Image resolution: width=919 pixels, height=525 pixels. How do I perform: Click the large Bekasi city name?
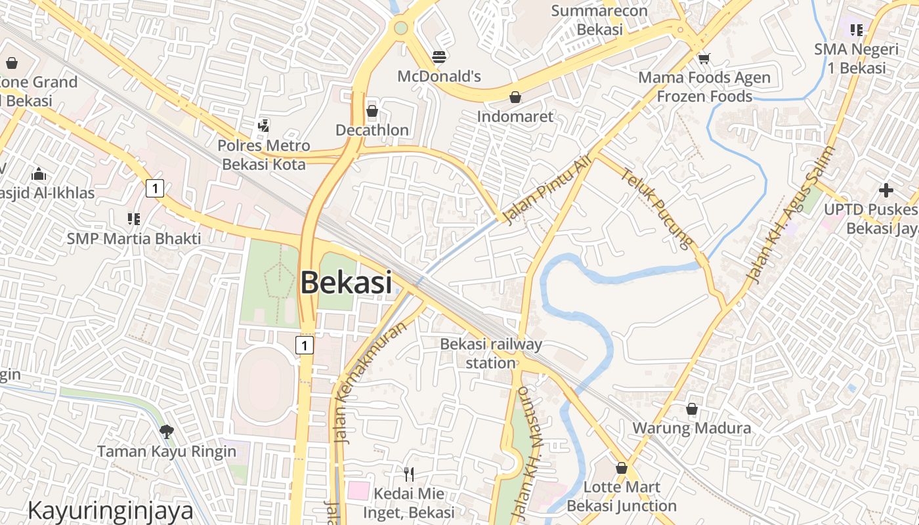point(346,283)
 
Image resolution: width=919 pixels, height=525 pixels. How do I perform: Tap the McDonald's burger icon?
point(439,57)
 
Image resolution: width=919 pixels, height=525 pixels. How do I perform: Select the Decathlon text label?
point(372,130)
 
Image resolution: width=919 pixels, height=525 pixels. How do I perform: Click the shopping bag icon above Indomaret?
point(515,98)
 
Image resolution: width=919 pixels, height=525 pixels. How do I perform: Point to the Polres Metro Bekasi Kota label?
point(264,155)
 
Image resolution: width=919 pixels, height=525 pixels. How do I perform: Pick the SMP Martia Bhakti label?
point(134,239)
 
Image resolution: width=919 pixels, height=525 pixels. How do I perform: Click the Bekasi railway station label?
point(491,353)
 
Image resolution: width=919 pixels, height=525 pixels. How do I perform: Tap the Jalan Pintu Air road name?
point(547,189)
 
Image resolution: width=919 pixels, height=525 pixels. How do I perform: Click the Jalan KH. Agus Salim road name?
point(790,214)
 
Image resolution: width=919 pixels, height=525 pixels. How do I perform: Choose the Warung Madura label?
point(691,429)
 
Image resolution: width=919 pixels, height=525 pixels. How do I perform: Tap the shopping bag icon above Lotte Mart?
point(622,469)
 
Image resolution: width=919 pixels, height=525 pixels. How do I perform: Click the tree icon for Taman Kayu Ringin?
point(167,431)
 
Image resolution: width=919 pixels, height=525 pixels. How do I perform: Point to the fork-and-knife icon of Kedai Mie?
point(409,474)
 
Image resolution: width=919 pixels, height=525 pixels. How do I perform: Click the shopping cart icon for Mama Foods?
point(704,58)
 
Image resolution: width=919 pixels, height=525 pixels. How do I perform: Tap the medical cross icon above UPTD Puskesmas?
point(886,190)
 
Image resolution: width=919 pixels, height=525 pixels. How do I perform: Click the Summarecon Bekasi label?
point(599,20)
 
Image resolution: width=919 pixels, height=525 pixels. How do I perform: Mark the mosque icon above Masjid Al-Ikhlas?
point(39,175)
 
